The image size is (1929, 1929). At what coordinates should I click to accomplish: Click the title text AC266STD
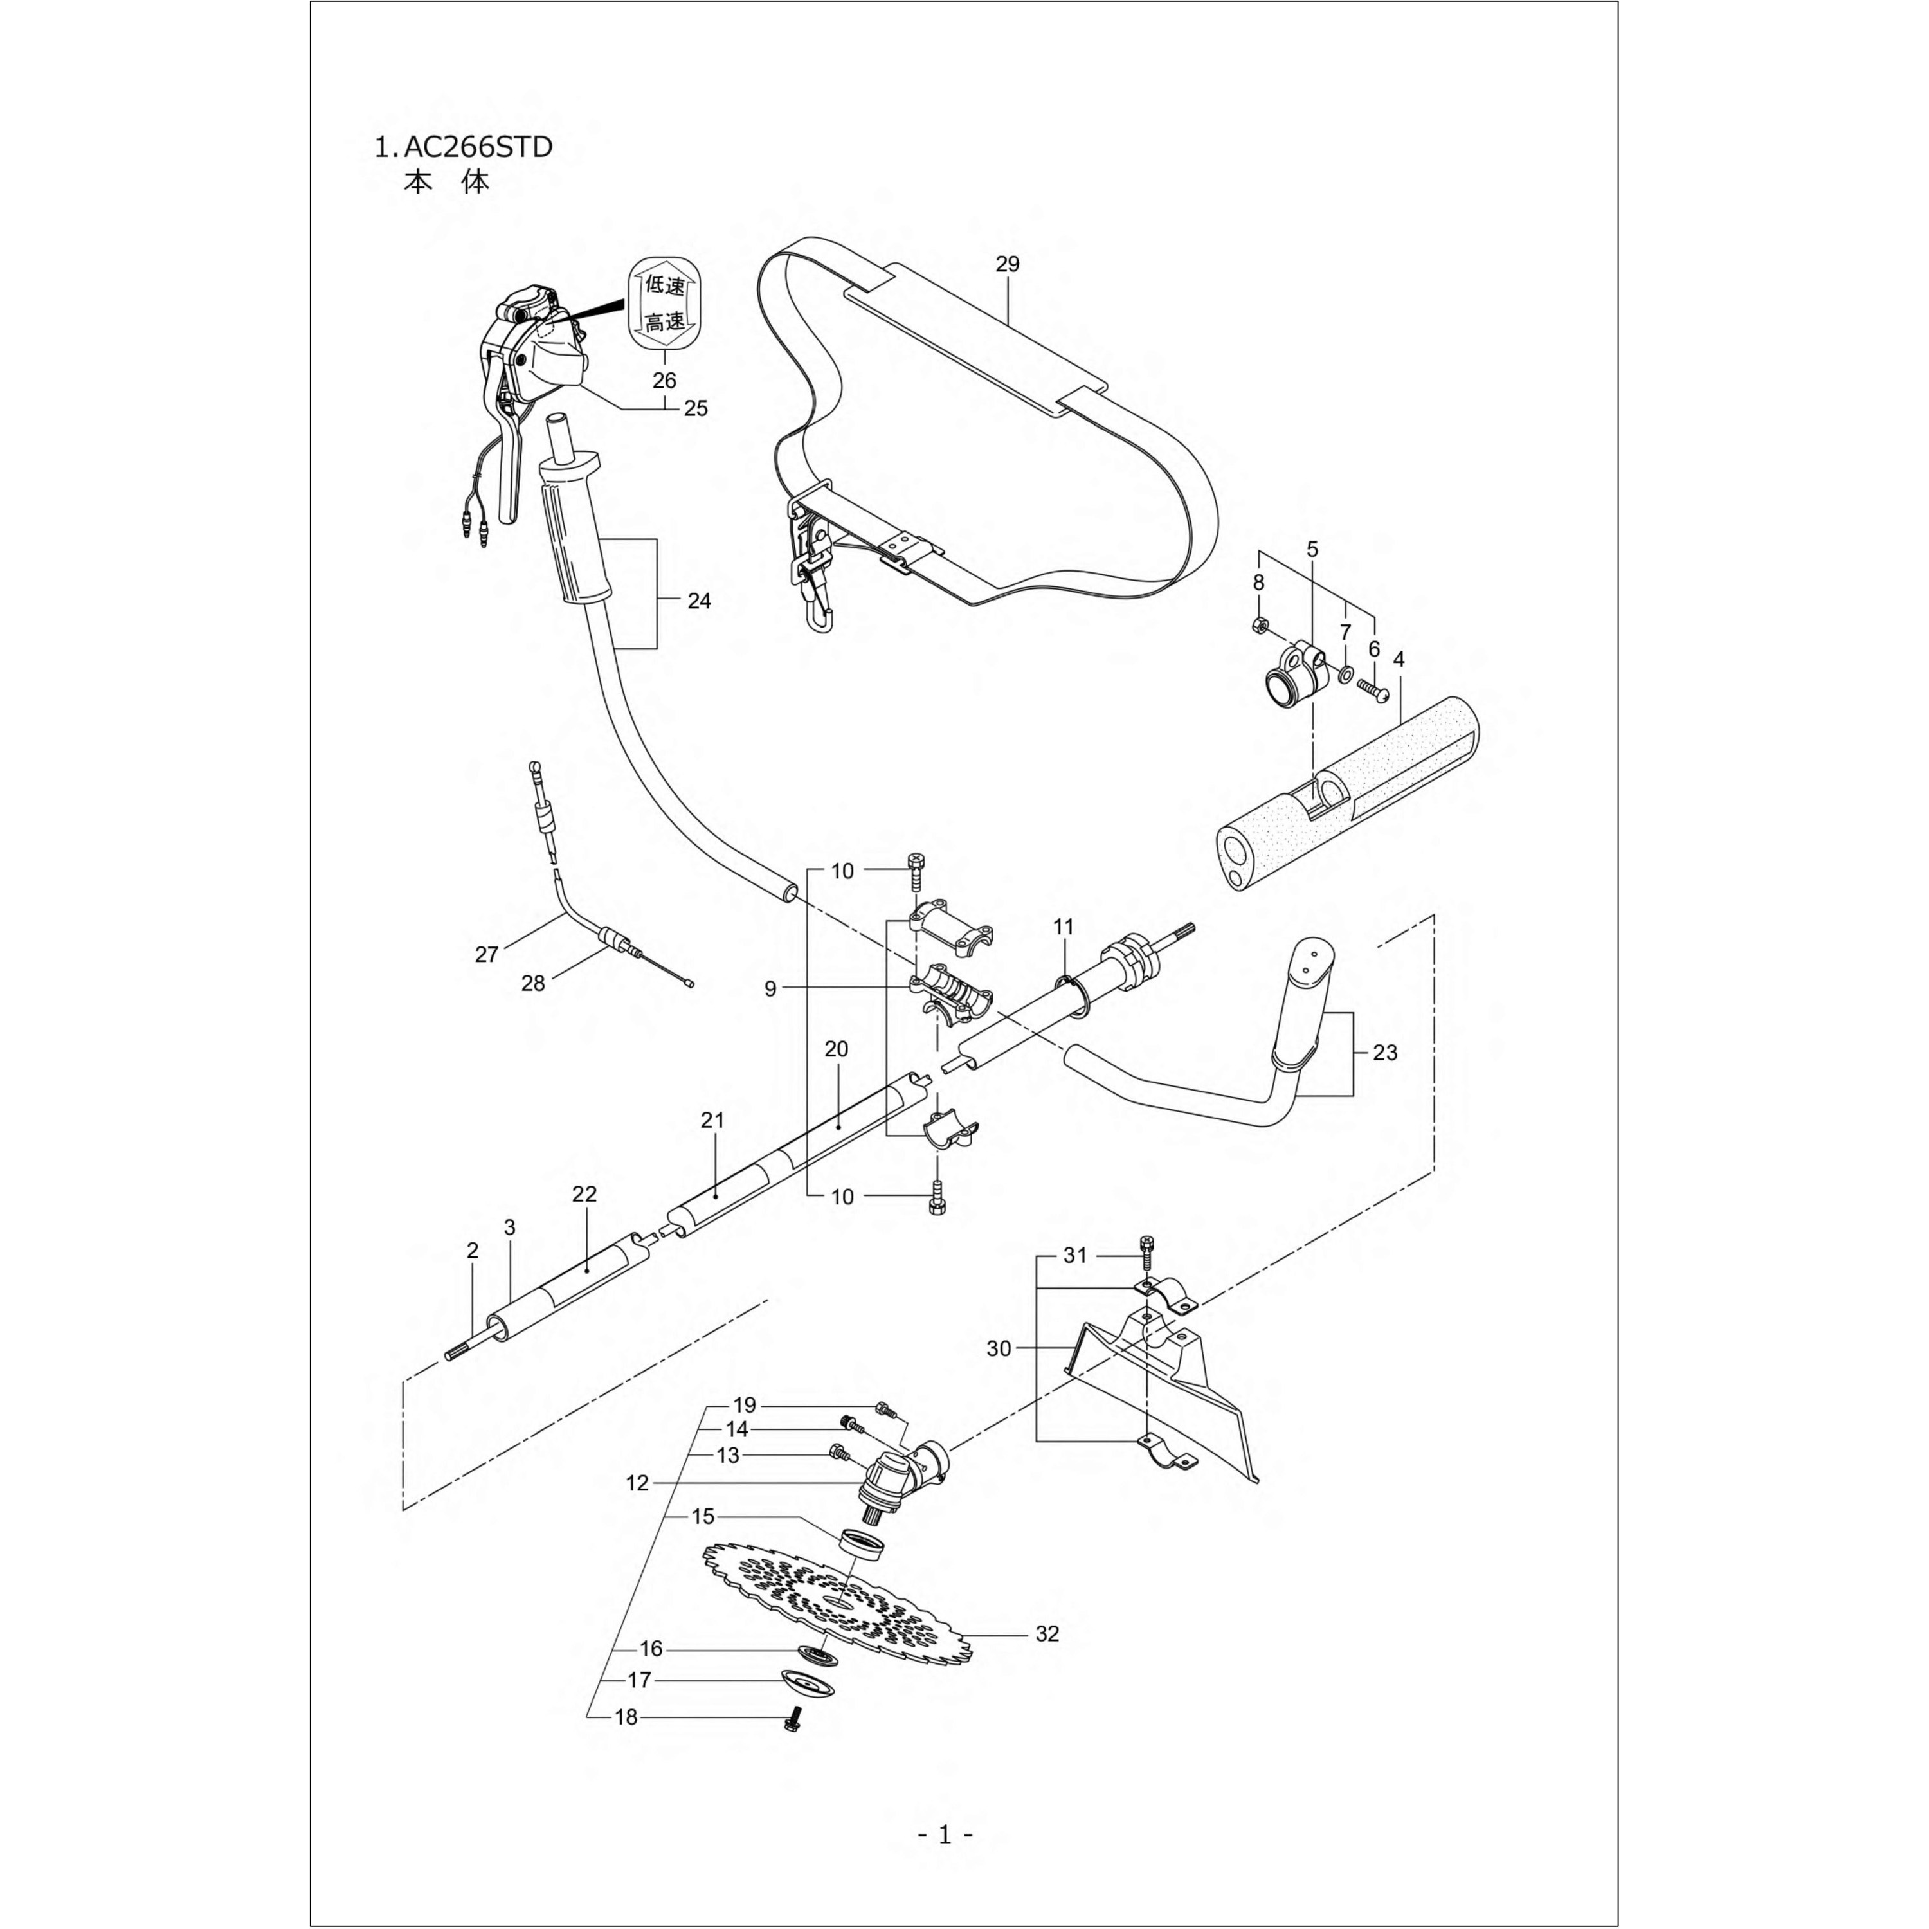tap(477, 148)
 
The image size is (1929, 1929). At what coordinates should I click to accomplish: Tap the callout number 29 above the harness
tap(1008, 264)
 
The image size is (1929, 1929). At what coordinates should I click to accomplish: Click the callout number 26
tap(664, 381)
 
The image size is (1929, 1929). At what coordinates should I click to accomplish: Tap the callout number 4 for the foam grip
tap(1399, 660)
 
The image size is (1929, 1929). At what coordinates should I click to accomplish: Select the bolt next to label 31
tap(1146, 1247)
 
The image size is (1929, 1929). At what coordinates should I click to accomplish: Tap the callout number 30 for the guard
tap(999, 1349)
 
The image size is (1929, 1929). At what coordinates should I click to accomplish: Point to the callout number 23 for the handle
tap(1385, 1053)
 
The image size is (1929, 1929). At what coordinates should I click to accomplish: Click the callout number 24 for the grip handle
tap(699, 601)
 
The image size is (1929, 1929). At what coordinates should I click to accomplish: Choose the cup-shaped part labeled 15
tap(861, 1544)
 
